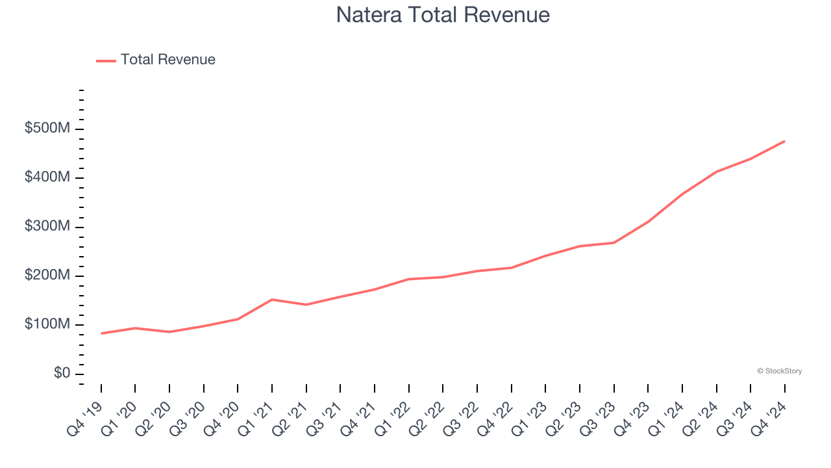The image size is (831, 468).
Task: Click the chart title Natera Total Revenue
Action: (443, 14)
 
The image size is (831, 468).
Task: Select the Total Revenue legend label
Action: (167, 60)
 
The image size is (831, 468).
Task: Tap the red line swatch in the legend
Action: (106, 60)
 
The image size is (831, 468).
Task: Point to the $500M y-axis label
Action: (47, 129)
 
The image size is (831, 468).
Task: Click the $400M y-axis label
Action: (47, 177)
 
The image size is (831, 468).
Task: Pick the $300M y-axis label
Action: (47, 227)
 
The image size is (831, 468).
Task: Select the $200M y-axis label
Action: (47, 276)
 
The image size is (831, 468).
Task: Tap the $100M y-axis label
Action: (47, 324)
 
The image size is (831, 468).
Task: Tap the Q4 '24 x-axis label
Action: (769, 417)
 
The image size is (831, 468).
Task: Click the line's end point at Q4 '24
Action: (784, 141)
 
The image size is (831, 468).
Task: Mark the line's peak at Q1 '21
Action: (272, 300)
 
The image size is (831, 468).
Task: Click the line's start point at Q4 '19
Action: (101, 333)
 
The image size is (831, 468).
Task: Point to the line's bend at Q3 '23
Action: (614, 242)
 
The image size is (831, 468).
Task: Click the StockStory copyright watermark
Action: (779, 371)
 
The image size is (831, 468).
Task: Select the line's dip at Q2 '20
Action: (169, 332)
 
